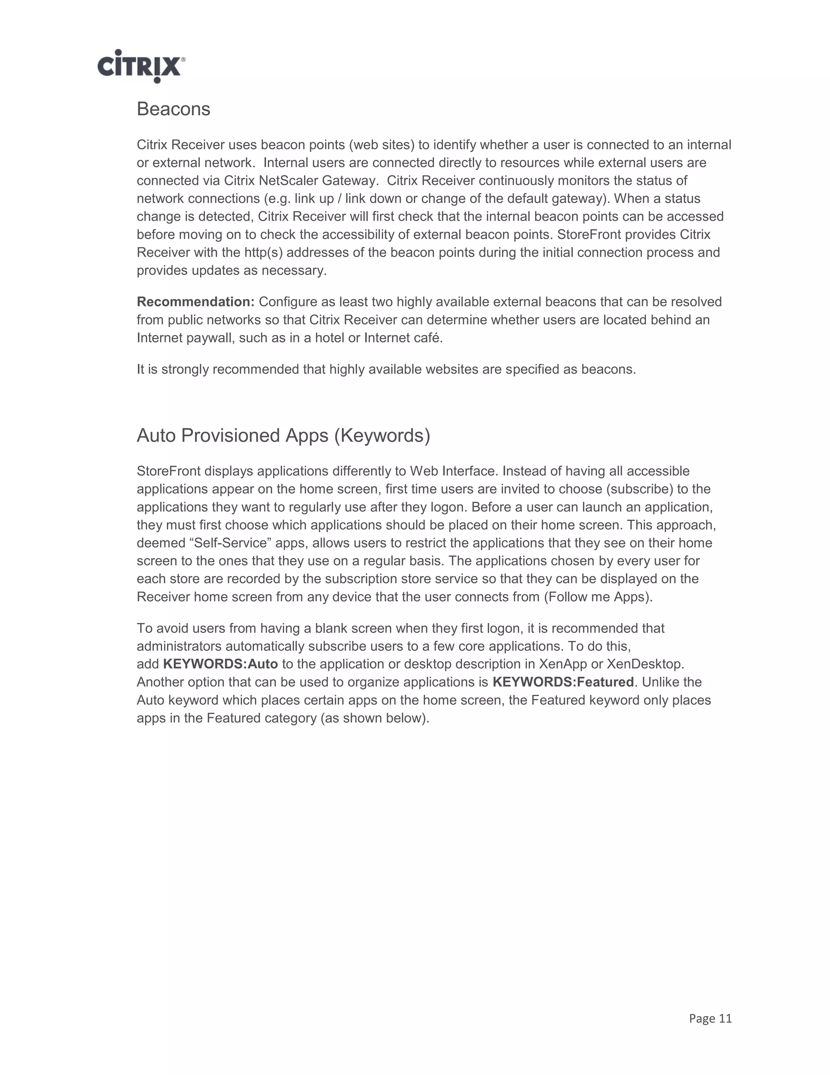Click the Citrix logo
tap(141, 66)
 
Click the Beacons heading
tap(173, 109)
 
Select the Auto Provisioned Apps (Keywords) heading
tap(283, 436)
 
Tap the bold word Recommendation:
tap(195, 302)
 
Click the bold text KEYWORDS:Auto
tap(220, 664)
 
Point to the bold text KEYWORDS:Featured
tap(563, 682)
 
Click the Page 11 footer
tap(710, 1018)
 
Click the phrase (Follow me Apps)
tap(598, 597)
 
